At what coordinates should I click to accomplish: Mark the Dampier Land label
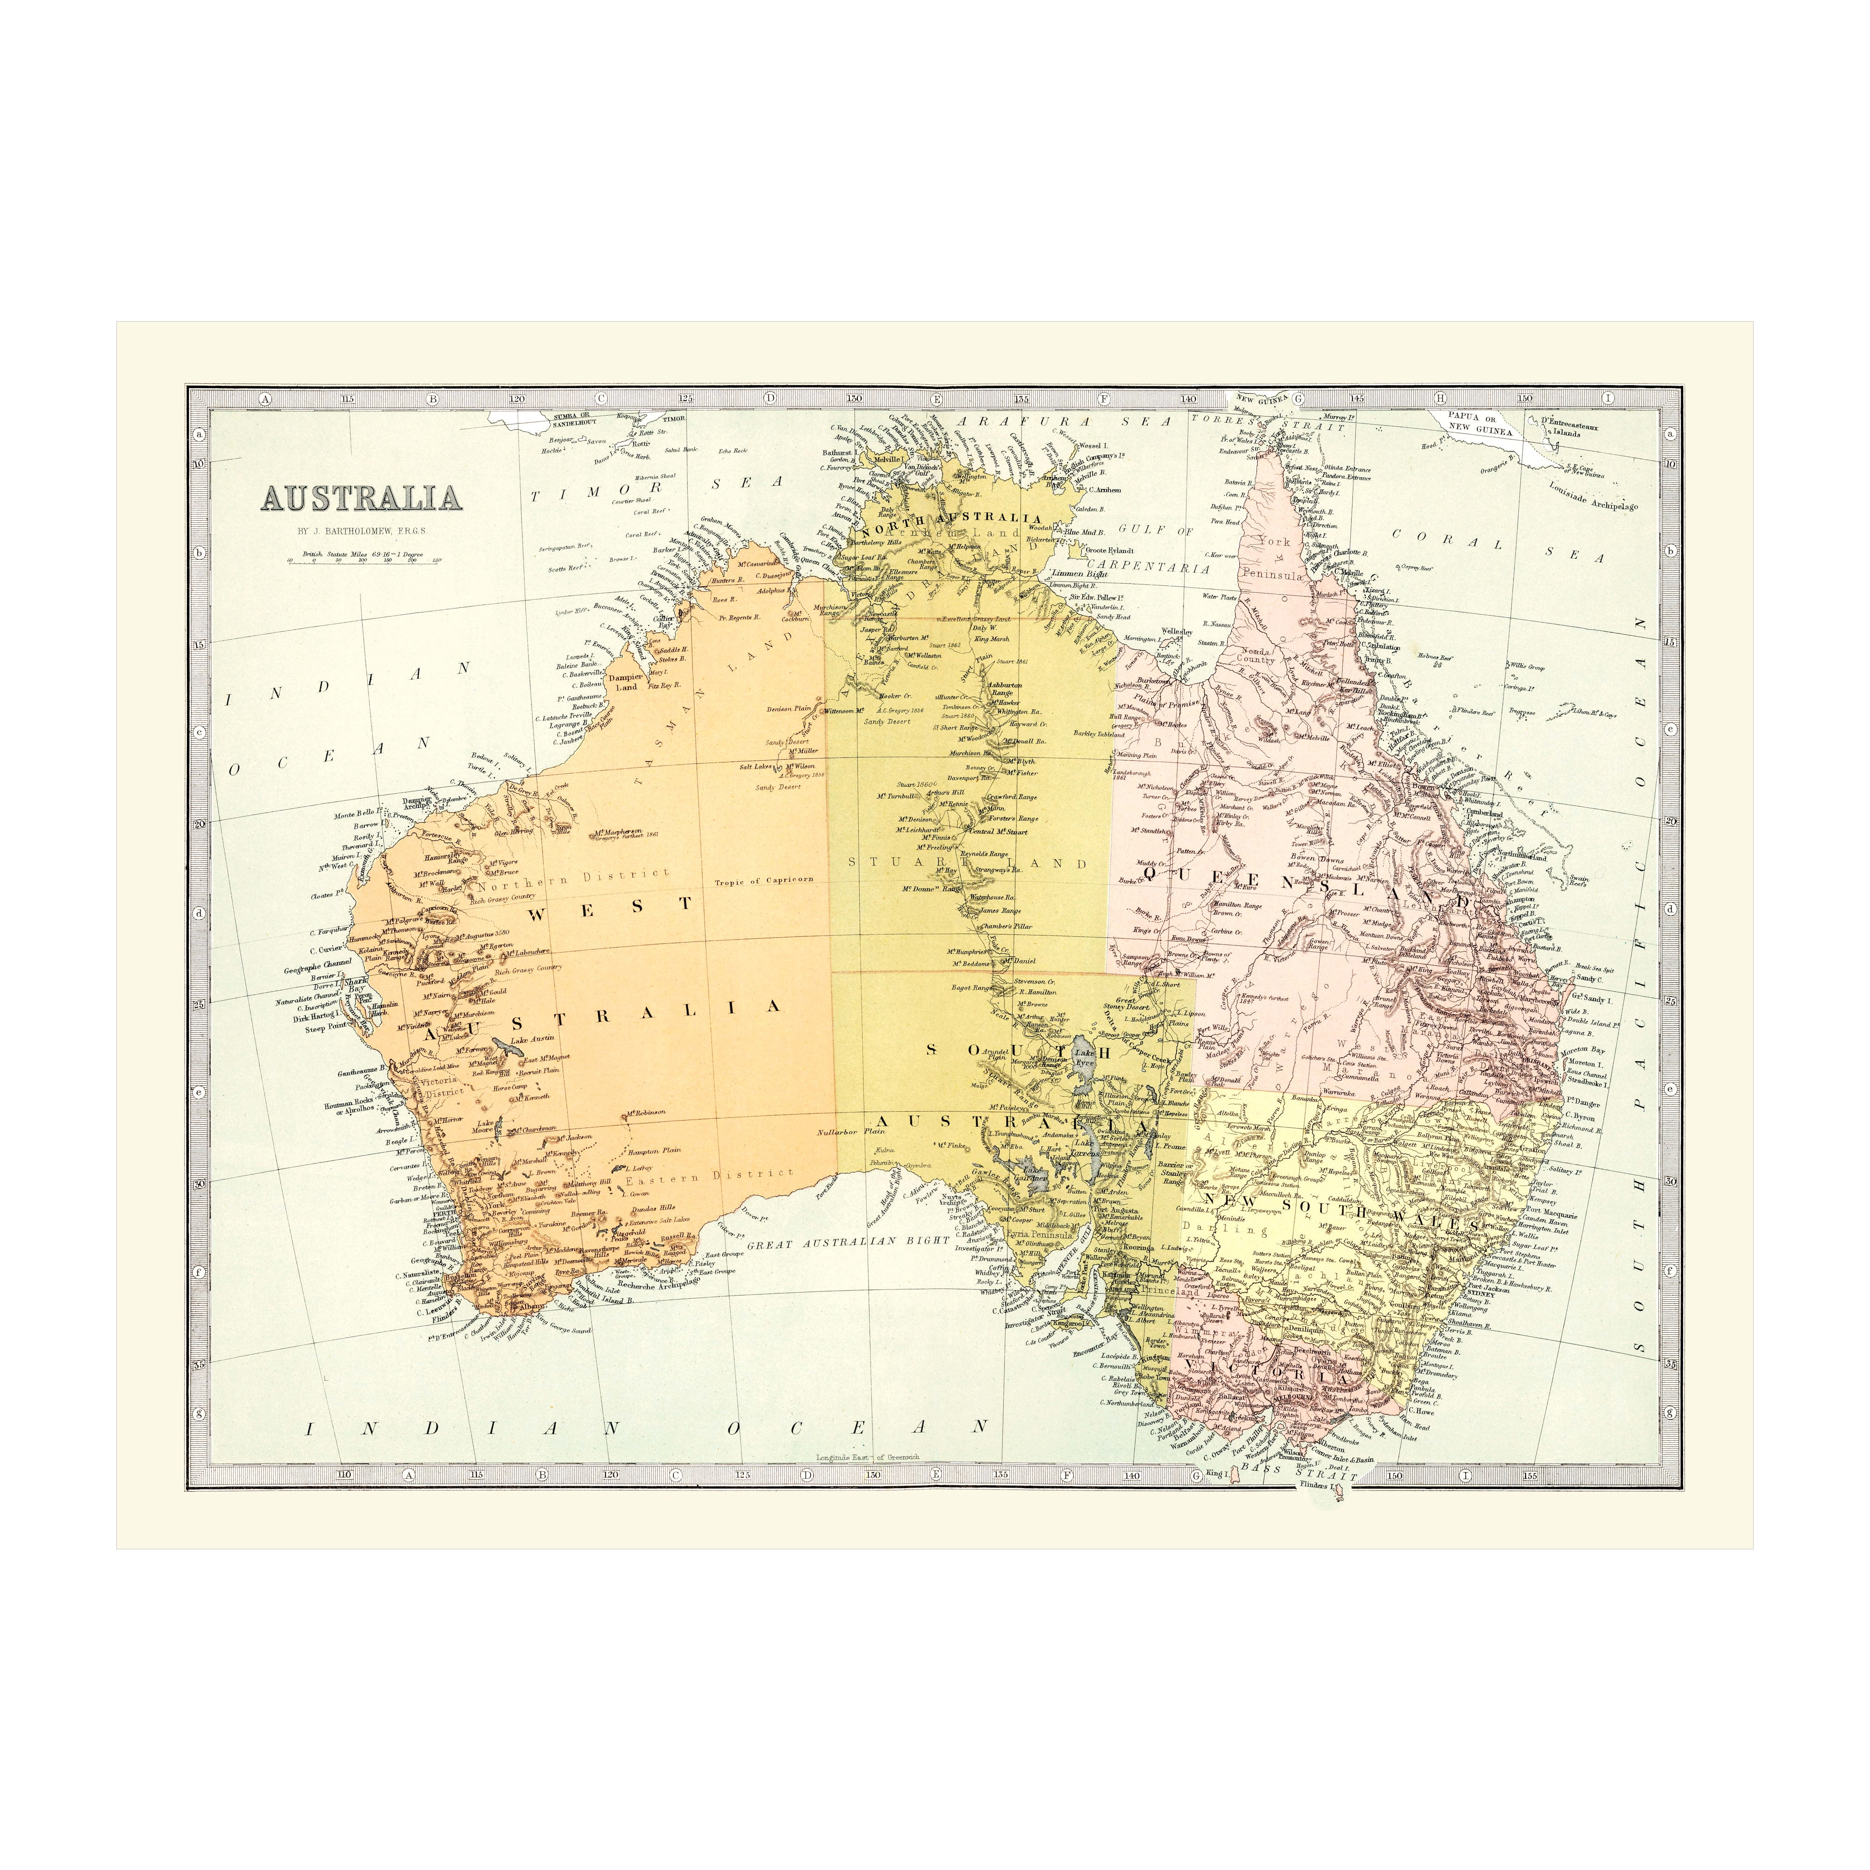pos(626,683)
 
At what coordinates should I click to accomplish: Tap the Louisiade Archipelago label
pos(1592,496)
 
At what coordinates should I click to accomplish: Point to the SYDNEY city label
pos(1481,1294)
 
